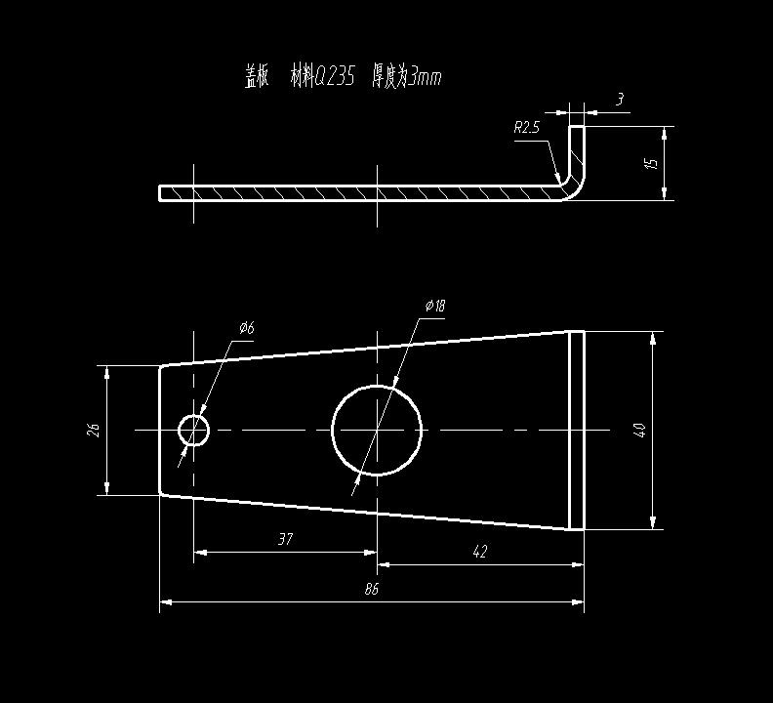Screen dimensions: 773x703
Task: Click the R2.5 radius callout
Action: point(526,128)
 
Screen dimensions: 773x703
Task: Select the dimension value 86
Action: point(372,589)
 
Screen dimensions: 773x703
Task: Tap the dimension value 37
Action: point(285,539)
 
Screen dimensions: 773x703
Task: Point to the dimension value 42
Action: point(479,552)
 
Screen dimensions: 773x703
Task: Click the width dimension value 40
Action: point(640,430)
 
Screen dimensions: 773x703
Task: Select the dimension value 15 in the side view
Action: point(652,163)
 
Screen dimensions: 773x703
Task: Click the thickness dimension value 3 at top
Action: point(620,100)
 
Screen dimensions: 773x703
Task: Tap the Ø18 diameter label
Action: point(435,306)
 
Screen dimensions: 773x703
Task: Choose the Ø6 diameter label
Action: point(247,327)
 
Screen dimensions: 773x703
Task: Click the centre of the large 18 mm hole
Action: point(377,431)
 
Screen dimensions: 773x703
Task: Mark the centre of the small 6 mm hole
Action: point(194,431)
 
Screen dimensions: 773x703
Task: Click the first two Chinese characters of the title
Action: point(258,76)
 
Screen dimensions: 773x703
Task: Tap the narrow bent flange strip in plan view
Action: point(577,431)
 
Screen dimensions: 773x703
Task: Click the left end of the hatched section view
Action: point(159,193)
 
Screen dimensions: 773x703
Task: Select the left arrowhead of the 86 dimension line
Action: point(165,601)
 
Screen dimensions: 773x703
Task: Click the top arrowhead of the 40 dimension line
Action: point(653,338)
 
